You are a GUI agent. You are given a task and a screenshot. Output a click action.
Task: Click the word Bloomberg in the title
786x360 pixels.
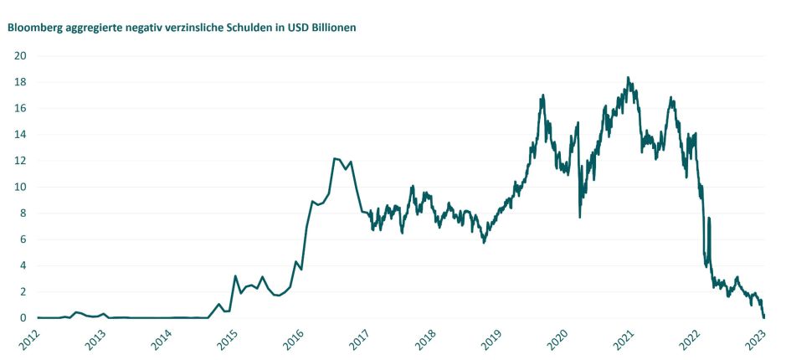(33, 27)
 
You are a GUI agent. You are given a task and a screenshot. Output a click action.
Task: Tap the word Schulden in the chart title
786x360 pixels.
(248, 27)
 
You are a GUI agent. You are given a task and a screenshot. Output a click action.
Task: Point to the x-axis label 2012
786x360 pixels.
(28, 340)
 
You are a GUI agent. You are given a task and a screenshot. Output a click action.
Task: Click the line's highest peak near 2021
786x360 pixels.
(628, 78)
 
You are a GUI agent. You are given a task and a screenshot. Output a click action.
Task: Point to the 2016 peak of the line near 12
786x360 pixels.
(335, 158)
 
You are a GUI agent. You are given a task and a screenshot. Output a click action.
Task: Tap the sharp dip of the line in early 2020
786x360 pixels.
(580, 217)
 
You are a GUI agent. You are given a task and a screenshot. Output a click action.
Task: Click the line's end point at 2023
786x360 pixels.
(764, 317)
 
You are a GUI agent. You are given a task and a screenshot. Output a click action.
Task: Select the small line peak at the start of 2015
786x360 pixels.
(235, 275)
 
